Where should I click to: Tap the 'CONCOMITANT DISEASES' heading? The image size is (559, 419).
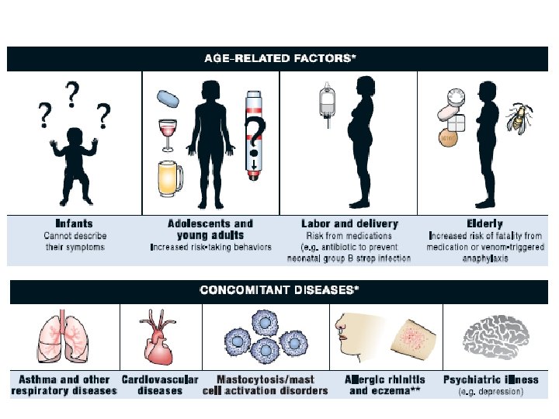point(279,290)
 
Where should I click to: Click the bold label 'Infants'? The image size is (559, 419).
point(75,223)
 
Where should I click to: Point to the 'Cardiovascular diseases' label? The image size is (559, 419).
point(160,385)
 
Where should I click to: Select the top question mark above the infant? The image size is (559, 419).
point(73,95)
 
